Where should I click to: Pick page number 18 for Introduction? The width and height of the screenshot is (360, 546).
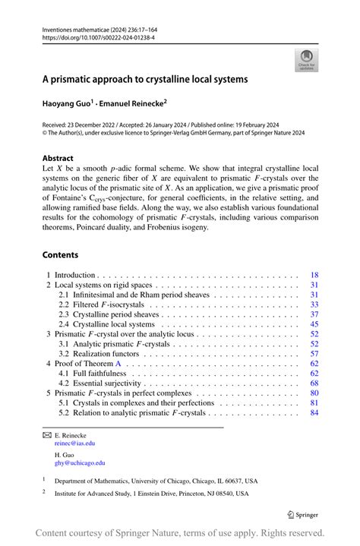[x=314, y=275]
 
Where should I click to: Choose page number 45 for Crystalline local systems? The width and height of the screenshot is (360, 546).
[x=314, y=324]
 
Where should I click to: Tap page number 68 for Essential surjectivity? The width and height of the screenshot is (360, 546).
[x=314, y=383]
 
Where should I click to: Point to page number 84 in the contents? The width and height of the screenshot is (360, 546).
[x=314, y=413]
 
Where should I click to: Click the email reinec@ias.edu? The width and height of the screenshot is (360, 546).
[x=74, y=443]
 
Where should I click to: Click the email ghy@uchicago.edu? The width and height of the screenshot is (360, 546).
[x=78, y=462]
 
